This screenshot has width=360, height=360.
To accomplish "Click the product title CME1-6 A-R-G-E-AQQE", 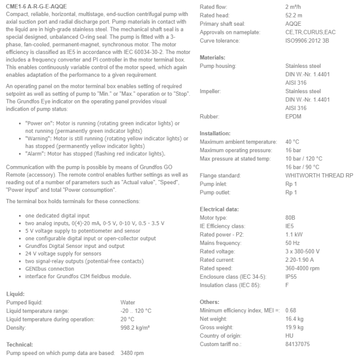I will (37, 6).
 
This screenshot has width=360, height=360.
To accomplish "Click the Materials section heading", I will (212, 57).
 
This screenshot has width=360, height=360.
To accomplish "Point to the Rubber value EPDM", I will (294, 116).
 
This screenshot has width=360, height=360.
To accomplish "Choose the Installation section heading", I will (215, 133).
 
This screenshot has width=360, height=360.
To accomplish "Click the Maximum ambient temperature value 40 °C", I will (292, 141).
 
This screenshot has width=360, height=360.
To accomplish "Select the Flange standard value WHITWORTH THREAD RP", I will (319, 175).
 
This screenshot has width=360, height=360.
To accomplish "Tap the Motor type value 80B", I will (291, 218).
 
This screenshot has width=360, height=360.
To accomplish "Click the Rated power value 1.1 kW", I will (293, 235).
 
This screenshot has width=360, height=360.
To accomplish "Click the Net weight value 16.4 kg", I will (294, 319).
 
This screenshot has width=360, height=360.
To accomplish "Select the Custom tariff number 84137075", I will (298, 344).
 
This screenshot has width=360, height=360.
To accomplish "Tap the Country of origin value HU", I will (289, 336).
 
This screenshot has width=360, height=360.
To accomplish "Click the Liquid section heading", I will (15, 294).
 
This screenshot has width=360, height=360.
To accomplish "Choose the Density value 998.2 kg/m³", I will (135, 327).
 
